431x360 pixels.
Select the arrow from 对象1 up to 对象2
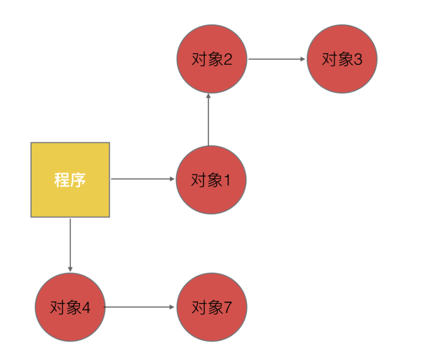(x=208, y=120)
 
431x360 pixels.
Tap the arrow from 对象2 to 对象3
(x=275, y=59)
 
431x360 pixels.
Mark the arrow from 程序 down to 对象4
(x=70, y=243)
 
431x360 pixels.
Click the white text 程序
(x=70, y=180)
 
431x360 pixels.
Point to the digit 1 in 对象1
(x=227, y=181)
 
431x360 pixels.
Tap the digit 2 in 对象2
(x=227, y=60)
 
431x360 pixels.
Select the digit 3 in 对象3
(x=358, y=60)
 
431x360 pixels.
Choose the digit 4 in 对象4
(x=86, y=308)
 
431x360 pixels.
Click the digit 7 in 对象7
(x=227, y=308)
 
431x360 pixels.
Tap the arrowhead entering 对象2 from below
(x=208, y=96)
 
